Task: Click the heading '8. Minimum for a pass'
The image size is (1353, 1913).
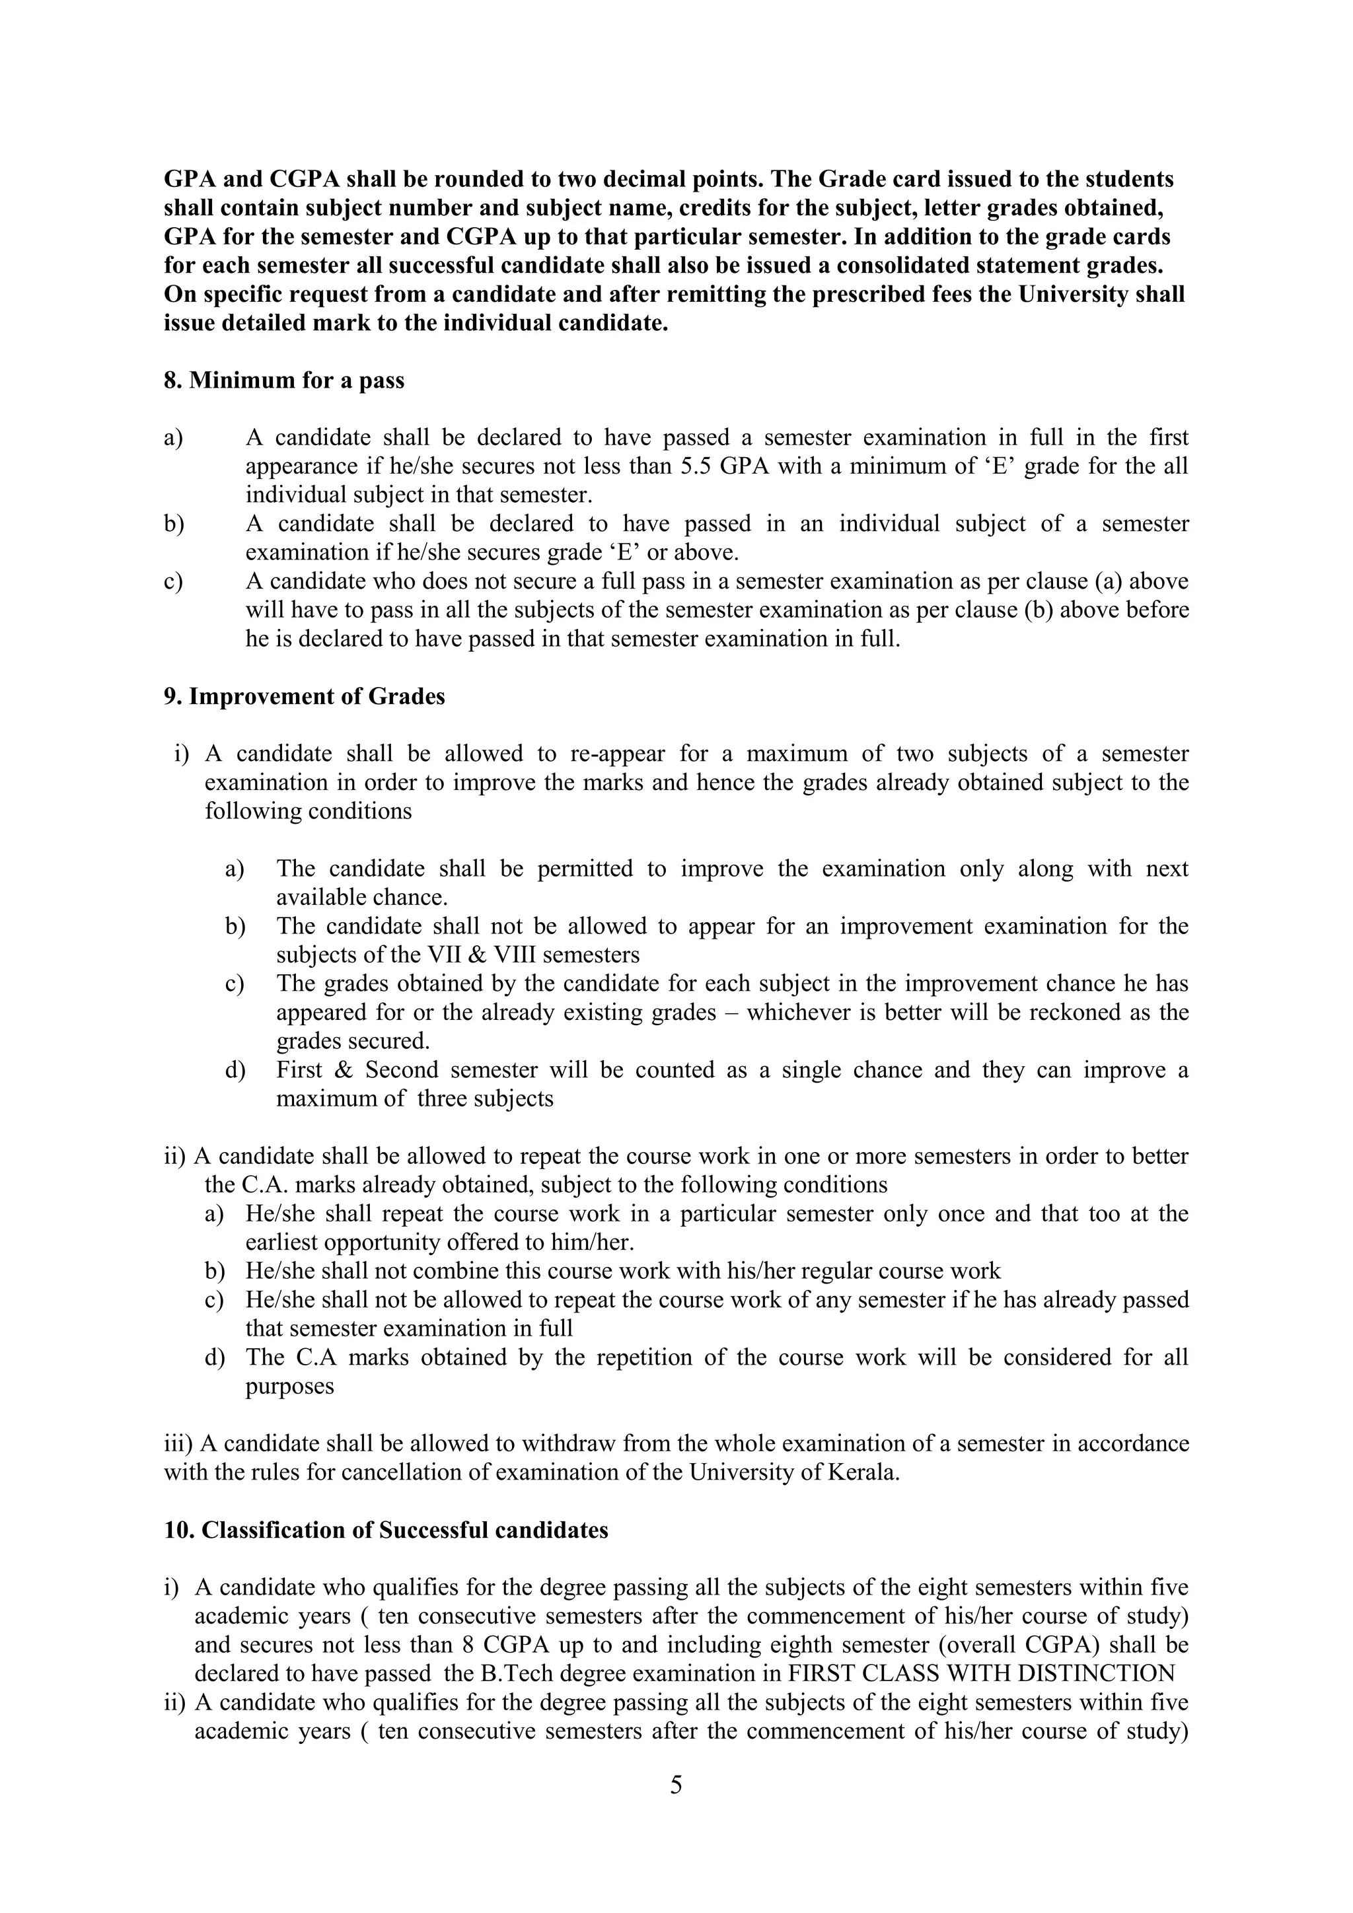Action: pyautogui.click(x=283, y=380)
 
